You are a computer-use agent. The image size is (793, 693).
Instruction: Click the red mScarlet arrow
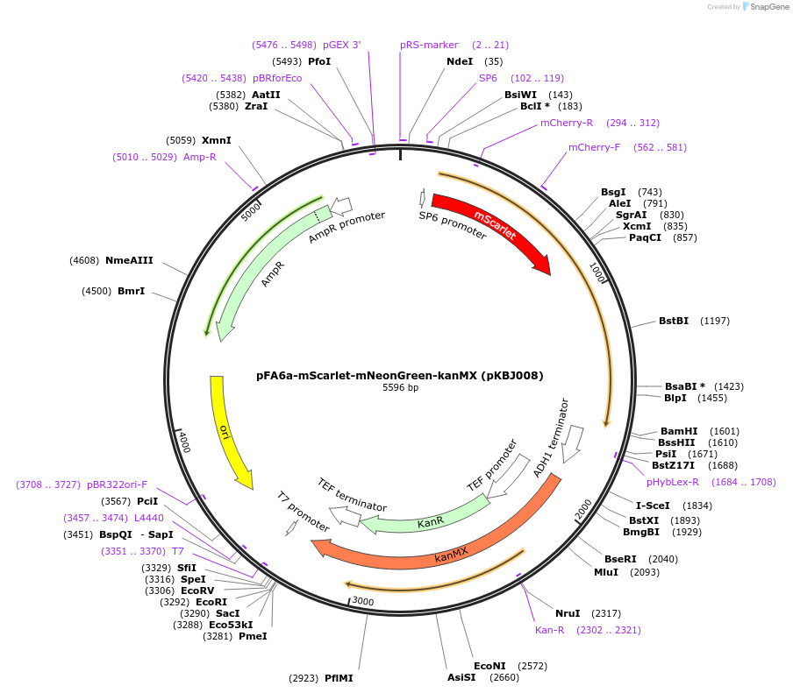click(491, 228)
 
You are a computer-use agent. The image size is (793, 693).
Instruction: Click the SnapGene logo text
click(769, 7)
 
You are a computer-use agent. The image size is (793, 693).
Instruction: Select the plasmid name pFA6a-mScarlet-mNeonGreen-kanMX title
click(400, 376)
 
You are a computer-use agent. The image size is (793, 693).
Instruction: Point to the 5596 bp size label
click(400, 388)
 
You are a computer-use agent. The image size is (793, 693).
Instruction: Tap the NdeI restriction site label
click(460, 61)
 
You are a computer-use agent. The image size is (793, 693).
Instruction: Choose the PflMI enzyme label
click(339, 678)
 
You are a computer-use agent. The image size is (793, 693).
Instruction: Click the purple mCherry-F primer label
click(594, 147)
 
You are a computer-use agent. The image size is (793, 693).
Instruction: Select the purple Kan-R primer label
click(550, 630)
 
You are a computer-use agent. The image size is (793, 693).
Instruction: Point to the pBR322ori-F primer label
click(117, 484)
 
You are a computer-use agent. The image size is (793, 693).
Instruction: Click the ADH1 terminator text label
click(551, 439)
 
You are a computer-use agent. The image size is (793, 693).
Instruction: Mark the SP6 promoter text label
click(452, 225)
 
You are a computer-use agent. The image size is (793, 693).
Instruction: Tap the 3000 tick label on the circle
click(362, 602)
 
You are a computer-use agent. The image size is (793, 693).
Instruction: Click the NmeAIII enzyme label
click(129, 260)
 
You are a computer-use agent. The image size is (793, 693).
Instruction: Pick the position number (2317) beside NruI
click(606, 613)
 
